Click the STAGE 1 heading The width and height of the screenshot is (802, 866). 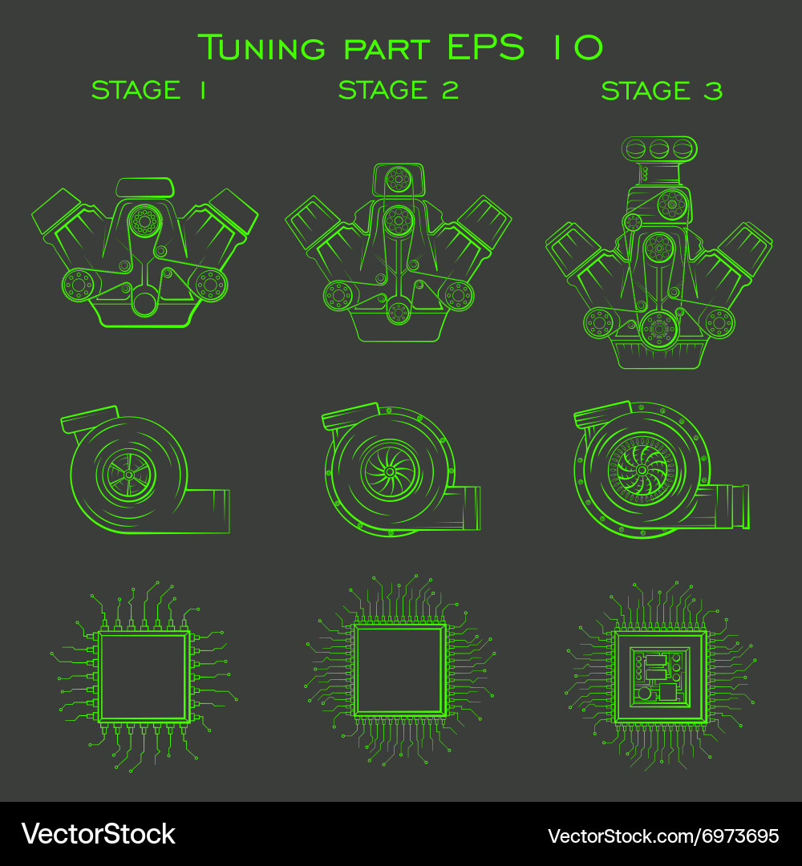148,90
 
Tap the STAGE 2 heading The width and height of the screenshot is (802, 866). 399,90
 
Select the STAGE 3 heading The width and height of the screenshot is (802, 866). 662,90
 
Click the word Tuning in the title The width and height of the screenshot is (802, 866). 261,47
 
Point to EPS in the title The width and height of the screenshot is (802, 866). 486,47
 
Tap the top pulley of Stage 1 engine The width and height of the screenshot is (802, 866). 144,220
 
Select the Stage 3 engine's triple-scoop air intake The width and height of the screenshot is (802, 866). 659,148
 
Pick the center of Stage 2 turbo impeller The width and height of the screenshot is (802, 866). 389,471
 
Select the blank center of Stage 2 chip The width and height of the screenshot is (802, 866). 399,670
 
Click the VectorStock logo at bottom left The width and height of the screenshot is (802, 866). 98,834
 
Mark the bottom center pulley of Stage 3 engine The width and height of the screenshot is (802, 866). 658,328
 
